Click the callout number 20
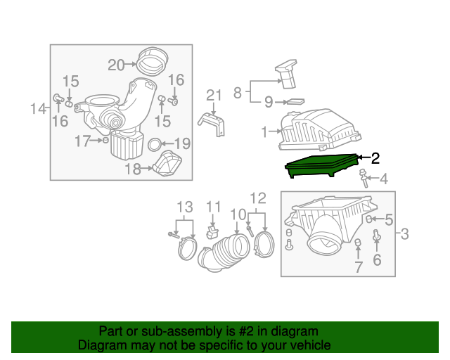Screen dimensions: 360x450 [116, 65]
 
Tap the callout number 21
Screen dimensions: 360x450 [214, 96]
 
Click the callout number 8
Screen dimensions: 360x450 [238, 92]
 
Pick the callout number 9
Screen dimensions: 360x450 [268, 103]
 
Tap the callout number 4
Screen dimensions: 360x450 [384, 179]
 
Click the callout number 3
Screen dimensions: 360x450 [404, 235]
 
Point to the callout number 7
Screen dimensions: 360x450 [358, 268]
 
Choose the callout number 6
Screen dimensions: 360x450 [377, 261]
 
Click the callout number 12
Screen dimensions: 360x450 [258, 198]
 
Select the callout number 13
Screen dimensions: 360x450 [184, 207]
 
